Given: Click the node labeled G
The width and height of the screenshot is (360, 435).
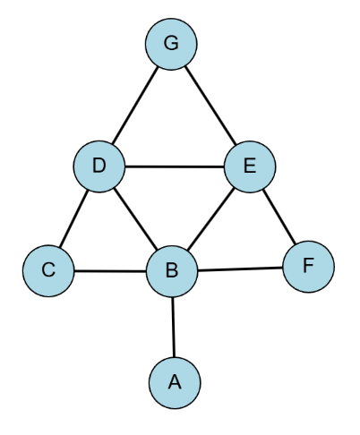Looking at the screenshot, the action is point(171,44).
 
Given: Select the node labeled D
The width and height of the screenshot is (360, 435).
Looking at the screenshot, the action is point(99,166).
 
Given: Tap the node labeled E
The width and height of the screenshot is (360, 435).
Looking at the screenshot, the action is point(250,166).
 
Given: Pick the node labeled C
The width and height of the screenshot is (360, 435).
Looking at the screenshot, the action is point(48,271).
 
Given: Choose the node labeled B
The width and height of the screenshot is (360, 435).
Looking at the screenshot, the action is point(172,271).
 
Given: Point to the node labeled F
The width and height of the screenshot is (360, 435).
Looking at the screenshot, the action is point(309,267).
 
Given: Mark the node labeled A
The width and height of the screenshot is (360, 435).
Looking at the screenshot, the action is point(175,383).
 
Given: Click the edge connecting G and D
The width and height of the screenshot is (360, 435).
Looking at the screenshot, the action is point(135,105).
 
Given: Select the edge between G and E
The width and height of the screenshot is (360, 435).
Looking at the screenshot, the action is point(210,106).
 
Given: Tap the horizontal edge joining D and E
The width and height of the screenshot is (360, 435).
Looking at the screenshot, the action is point(175,166).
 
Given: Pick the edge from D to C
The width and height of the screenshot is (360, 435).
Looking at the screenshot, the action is point(73,218).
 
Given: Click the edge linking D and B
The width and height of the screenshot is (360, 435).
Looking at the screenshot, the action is point(136,219).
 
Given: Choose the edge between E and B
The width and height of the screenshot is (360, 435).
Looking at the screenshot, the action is point(210,219).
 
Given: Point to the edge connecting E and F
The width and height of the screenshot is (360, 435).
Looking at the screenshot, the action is point(279,217).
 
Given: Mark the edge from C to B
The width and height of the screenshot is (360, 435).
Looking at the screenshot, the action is point(110,271).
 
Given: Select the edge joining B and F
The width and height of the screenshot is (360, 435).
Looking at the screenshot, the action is point(240,269).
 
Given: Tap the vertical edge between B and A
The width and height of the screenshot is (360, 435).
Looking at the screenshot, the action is point(174,328).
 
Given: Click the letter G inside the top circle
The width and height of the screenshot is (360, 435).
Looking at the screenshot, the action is point(171,43).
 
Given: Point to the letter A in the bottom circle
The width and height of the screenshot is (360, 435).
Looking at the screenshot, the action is point(175,382).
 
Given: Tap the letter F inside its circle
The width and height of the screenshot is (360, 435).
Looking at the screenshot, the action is point(309,265).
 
